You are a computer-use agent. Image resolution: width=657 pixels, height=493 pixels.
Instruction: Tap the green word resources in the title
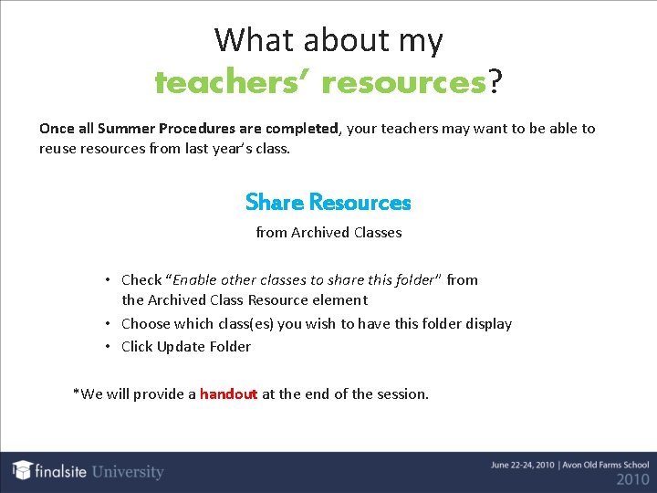(403, 83)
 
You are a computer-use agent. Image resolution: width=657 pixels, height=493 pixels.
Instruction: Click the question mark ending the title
(495, 83)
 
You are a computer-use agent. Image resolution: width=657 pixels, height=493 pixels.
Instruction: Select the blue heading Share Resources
(328, 202)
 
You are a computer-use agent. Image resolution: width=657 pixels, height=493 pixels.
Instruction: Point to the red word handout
(228, 394)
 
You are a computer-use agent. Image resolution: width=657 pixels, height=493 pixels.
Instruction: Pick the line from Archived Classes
(328, 233)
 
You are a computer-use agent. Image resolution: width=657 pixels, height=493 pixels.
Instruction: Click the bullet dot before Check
(108, 279)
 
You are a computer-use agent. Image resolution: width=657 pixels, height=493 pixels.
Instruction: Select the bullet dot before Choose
(108, 323)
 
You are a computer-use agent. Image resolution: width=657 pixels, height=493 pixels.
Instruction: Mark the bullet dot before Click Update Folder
(108, 346)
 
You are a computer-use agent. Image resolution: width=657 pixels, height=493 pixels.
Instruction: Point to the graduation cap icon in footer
(23, 470)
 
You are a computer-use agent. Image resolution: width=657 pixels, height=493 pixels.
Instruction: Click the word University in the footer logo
(127, 472)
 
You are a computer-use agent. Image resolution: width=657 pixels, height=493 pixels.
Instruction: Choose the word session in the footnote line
(401, 394)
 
